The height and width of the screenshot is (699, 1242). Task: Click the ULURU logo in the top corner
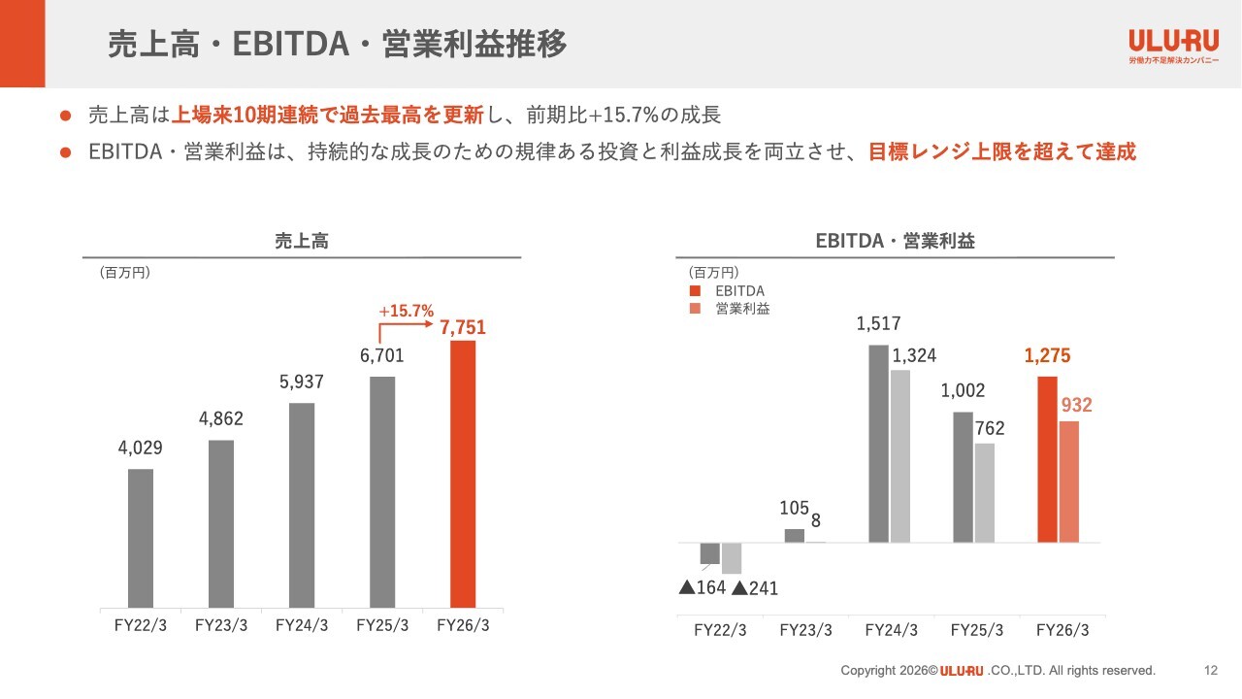tap(1173, 46)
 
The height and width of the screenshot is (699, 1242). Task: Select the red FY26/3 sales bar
tap(463, 475)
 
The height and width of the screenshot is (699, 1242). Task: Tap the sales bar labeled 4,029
tap(141, 538)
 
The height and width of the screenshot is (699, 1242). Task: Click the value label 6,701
tap(382, 355)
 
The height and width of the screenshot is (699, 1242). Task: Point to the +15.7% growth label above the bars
tap(406, 311)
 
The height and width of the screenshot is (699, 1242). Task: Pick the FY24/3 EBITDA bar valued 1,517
tap(878, 444)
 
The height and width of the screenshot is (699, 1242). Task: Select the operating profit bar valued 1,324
tap(899, 456)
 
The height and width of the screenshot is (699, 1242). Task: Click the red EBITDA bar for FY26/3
tap(1047, 459)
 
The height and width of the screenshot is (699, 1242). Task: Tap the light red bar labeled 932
tap(1069, 482)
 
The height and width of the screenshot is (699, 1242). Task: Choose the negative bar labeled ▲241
tap(732, 558)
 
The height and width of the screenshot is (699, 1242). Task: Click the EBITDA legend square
tap(695, 290)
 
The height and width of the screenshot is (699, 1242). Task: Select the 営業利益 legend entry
tap(730, 309)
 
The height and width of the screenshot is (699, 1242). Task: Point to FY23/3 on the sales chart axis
tap(220, 626)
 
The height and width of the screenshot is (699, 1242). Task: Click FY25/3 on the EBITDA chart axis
tap(976, 630)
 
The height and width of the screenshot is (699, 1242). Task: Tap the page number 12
tap(1210, 670)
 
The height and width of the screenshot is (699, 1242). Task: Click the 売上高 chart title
tap(302, 241)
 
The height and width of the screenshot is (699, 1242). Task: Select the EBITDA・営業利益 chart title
tap(895, 241)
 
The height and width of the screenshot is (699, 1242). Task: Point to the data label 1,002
tap(963, 390)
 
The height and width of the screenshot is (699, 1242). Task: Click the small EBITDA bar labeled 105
tap(794, 536)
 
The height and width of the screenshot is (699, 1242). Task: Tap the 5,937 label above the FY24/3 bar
tap(301, 382)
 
